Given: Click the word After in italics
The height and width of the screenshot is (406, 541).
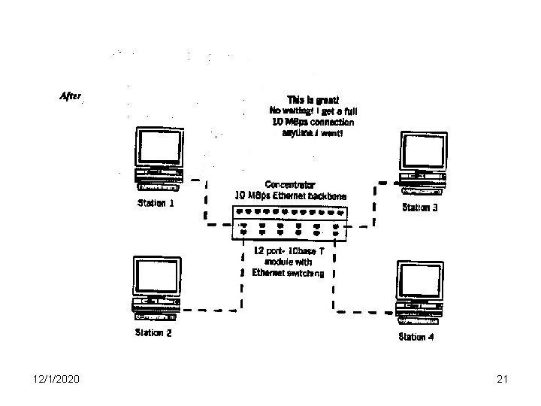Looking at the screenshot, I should tap(71, 95).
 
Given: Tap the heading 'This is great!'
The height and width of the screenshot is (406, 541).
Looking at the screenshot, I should tap(313, 99).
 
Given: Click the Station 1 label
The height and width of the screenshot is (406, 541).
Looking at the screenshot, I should tap(156, 203).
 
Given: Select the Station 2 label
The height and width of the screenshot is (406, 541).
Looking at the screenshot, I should tap(153, 332).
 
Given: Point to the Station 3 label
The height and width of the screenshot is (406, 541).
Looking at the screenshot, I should tap(426, 208).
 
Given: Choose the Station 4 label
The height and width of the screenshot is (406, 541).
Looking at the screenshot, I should tap(416, 337).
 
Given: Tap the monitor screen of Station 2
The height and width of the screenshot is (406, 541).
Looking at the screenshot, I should tap(156, 276).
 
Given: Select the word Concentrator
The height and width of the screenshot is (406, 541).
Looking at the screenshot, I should tap(290, 184).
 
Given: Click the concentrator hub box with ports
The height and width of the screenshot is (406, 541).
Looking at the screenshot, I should tap(289, 223).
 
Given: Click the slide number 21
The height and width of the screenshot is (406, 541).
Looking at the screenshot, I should tap(503, 381).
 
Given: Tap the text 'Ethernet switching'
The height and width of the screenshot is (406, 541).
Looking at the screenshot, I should tap(288, 273).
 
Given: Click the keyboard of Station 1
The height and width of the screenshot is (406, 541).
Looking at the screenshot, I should tap(159, 186).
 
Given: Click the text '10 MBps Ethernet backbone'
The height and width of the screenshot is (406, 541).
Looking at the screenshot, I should tap(292, 195).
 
